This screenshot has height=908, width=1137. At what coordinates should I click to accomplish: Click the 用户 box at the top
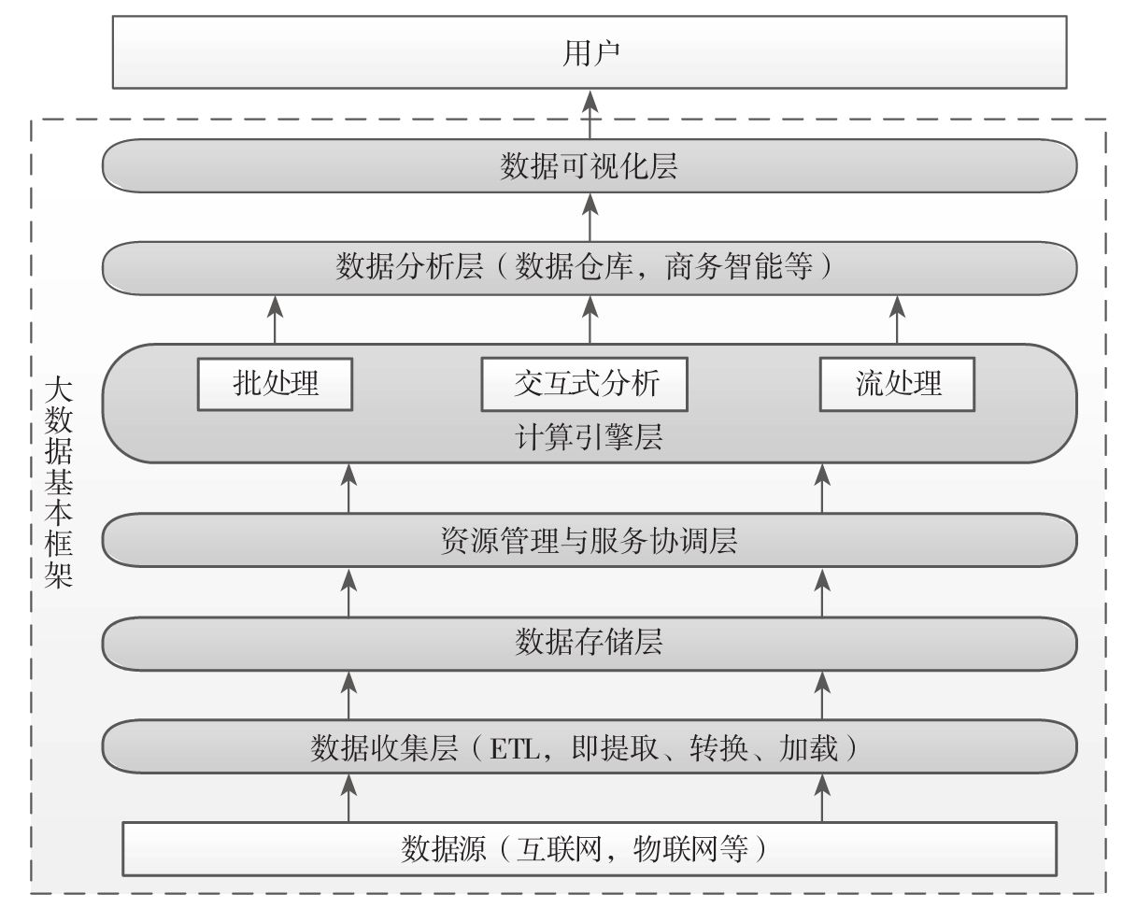589,54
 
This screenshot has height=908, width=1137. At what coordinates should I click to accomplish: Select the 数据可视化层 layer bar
589,167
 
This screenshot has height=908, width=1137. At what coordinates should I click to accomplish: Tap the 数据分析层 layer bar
589,268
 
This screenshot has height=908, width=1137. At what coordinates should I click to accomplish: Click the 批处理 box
276,384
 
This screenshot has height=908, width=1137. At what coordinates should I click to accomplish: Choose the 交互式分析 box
585,384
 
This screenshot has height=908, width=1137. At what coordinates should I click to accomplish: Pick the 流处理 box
898,384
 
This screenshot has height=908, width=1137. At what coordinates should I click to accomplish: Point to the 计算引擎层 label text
589,437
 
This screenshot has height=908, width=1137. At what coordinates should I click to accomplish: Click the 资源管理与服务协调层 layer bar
589,541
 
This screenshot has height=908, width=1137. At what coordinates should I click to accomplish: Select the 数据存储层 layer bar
589,643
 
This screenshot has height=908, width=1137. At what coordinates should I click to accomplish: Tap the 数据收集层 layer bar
589,747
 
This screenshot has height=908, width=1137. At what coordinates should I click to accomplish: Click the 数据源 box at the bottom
589,848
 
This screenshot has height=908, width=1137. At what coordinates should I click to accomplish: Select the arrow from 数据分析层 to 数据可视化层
590,217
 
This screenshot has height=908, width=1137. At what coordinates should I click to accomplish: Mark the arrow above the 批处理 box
276,319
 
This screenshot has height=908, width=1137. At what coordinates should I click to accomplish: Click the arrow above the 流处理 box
898,319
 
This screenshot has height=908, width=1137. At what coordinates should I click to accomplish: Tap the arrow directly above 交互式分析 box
590,319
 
